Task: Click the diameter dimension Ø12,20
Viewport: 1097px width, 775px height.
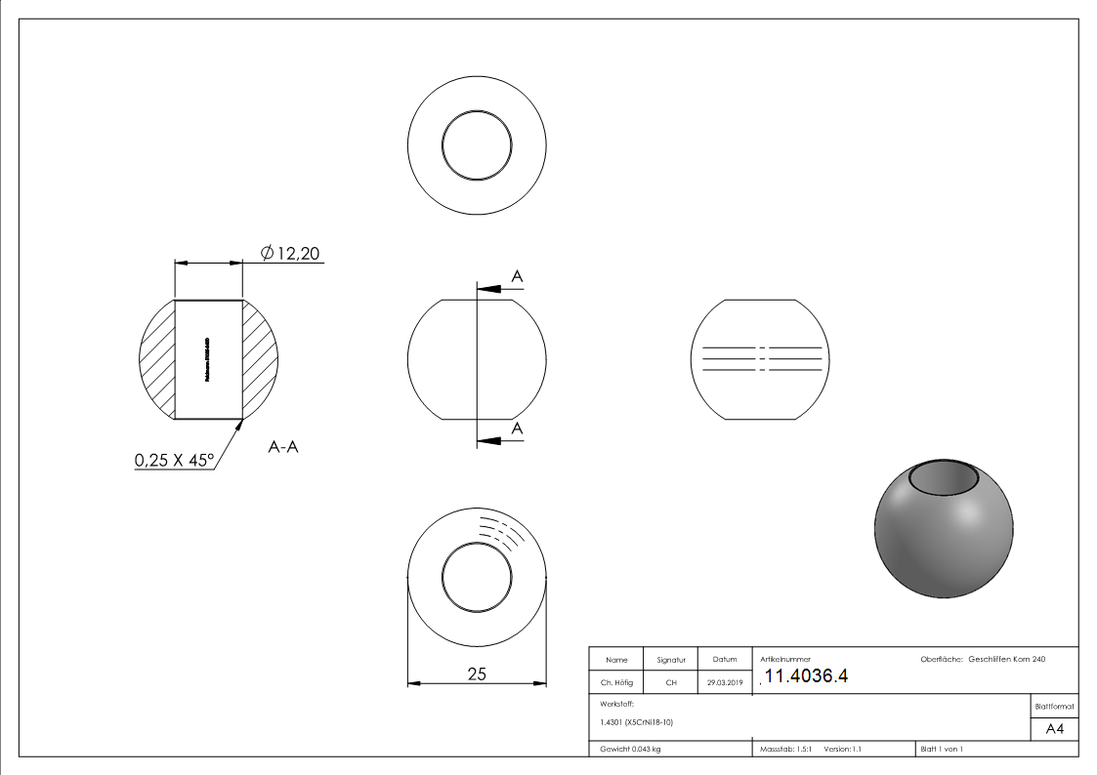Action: coord(291,254)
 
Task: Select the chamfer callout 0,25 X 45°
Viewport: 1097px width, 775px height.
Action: coord(174,460)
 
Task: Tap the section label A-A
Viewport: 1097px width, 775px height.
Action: coord(282,446)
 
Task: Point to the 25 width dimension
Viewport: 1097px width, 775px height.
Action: coord(477,673)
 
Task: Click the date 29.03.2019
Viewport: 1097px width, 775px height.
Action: coord(724,683)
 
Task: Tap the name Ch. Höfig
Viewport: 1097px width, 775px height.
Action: coord(615,683)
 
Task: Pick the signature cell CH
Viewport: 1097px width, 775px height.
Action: coord(671,683)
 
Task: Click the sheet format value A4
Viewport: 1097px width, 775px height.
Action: coord(1054,729)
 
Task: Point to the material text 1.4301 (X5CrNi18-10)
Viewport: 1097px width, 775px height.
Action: coord(637,722)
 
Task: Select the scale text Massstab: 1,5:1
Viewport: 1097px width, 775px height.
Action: coord(784,749)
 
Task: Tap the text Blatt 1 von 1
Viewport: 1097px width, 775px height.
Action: coord(942,749)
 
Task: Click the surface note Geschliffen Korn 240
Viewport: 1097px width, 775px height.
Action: coord(1006,660)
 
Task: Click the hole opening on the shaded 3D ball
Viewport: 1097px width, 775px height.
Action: coord(945,478)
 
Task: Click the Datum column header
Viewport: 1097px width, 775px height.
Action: coord(724,660)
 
